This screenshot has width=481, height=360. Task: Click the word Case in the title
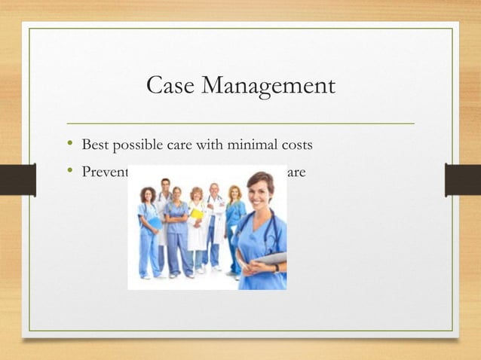169,85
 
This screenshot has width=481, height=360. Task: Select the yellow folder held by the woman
196,215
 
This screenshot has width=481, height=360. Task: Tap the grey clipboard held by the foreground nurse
273,258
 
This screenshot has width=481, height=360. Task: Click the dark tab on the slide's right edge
462,180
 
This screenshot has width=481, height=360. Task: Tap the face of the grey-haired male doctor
215,191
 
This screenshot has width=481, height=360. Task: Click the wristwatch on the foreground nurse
277,267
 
